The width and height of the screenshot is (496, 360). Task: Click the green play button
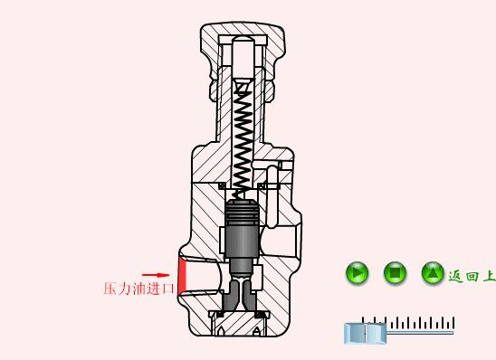coord(358,272)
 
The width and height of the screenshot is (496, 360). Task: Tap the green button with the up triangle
coord(433,272)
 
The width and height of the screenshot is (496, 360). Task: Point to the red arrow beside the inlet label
coord(156,275)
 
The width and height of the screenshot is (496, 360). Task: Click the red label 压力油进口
coord(138,289)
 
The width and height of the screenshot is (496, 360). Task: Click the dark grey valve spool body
coord(242,237)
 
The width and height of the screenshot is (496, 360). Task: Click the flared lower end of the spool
coord(242,294)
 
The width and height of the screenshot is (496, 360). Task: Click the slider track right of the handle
coord(421,333)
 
